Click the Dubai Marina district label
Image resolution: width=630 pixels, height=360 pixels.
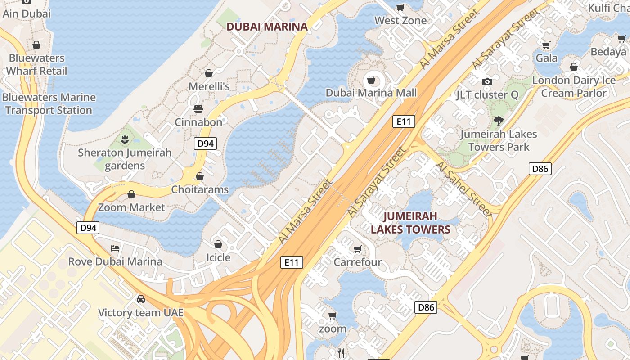coord(267,27)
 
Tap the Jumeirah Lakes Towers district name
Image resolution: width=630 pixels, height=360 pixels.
coord(410,223)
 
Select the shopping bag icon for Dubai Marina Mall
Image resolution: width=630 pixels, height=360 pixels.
coord(371,80)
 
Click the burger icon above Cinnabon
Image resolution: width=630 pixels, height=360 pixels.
coord(198,109)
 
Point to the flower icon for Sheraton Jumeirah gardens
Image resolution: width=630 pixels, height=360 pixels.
coord(125,139)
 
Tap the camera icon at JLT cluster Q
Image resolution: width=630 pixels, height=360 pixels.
coord(487,81)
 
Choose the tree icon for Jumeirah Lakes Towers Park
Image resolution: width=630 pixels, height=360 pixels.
coord(498,121)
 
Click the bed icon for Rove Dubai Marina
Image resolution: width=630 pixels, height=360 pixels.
coord(115,248)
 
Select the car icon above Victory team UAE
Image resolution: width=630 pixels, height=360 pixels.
coord(140,299)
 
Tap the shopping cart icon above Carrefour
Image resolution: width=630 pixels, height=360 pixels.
coord(357,249)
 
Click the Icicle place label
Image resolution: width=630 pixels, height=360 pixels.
coord(218,257)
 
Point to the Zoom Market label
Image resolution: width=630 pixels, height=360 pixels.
coord(131,207)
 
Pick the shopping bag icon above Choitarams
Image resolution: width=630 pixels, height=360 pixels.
coord(199,176)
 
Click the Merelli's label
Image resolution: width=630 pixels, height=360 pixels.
coord(209,86)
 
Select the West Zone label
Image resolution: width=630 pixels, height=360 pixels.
coord(400,21)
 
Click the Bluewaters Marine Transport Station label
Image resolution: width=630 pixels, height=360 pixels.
coord(49,104)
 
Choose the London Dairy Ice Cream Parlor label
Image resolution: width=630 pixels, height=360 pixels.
coord(574,87)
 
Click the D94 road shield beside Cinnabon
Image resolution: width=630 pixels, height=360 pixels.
coord(205,144)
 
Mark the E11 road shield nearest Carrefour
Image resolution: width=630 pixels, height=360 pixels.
coord(292,262)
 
